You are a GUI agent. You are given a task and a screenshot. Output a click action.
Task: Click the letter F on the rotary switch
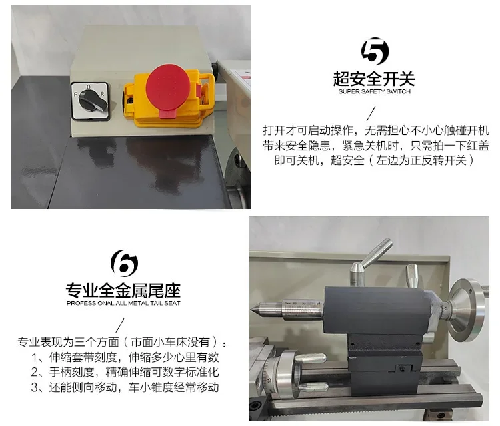point(75,95)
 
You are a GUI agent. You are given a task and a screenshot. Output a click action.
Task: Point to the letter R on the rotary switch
point(102,94)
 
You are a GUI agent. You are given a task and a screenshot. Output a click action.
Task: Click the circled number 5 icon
point(375,51)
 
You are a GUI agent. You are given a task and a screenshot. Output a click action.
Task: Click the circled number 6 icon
point(124,263)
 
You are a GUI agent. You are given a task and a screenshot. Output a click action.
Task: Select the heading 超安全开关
point(374,79)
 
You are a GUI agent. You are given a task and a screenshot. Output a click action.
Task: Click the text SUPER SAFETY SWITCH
point(375,91)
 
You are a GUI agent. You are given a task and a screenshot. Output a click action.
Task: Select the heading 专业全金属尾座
point(123,290)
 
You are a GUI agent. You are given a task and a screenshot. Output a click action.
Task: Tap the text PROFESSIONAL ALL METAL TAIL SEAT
point(123,303)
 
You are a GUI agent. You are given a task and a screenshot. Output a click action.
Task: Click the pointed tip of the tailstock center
point(251,309)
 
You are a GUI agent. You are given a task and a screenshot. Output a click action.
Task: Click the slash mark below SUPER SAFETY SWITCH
point(371,114)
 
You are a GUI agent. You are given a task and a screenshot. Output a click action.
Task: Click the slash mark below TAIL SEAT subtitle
point(120,325)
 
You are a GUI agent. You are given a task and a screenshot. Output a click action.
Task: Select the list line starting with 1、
point(125,357)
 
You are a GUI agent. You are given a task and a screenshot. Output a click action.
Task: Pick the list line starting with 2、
point(125,372)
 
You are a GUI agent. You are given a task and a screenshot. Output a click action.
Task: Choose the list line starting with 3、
point(125,387)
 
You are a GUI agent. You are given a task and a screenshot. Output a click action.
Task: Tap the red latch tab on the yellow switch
point(167,114)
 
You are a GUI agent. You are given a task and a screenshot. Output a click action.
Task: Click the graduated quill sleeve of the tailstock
point(303,308)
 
